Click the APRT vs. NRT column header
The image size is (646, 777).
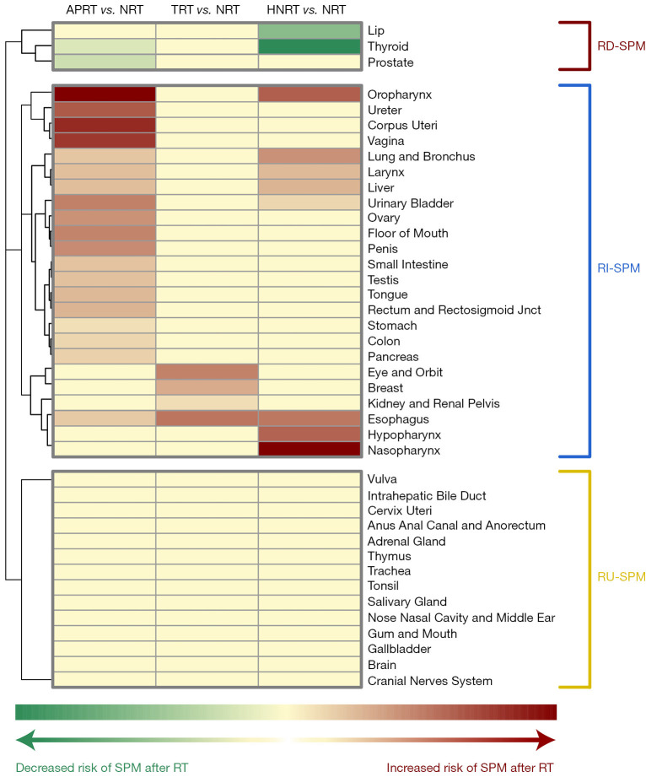pos(104,10)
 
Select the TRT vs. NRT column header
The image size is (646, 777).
pos(207,10)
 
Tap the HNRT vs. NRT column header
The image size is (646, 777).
pos(310,10)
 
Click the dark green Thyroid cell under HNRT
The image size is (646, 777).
pos(310,47)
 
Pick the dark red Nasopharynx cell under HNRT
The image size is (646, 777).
pos(310,449)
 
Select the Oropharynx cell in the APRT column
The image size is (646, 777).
pos(105,94)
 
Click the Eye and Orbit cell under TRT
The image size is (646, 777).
pos(207,372)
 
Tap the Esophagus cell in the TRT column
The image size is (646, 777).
pos(207,418)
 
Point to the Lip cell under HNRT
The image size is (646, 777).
pos(310,31)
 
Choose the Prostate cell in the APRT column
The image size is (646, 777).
pos(105,62)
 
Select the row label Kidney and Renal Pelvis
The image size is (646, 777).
pos(426,403)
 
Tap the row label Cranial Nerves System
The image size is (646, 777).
pos(429,681)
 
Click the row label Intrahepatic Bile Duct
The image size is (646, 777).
pos(427,495)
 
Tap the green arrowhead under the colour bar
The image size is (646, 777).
pos(25,741)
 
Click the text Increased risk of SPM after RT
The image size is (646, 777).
pos(470,768)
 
